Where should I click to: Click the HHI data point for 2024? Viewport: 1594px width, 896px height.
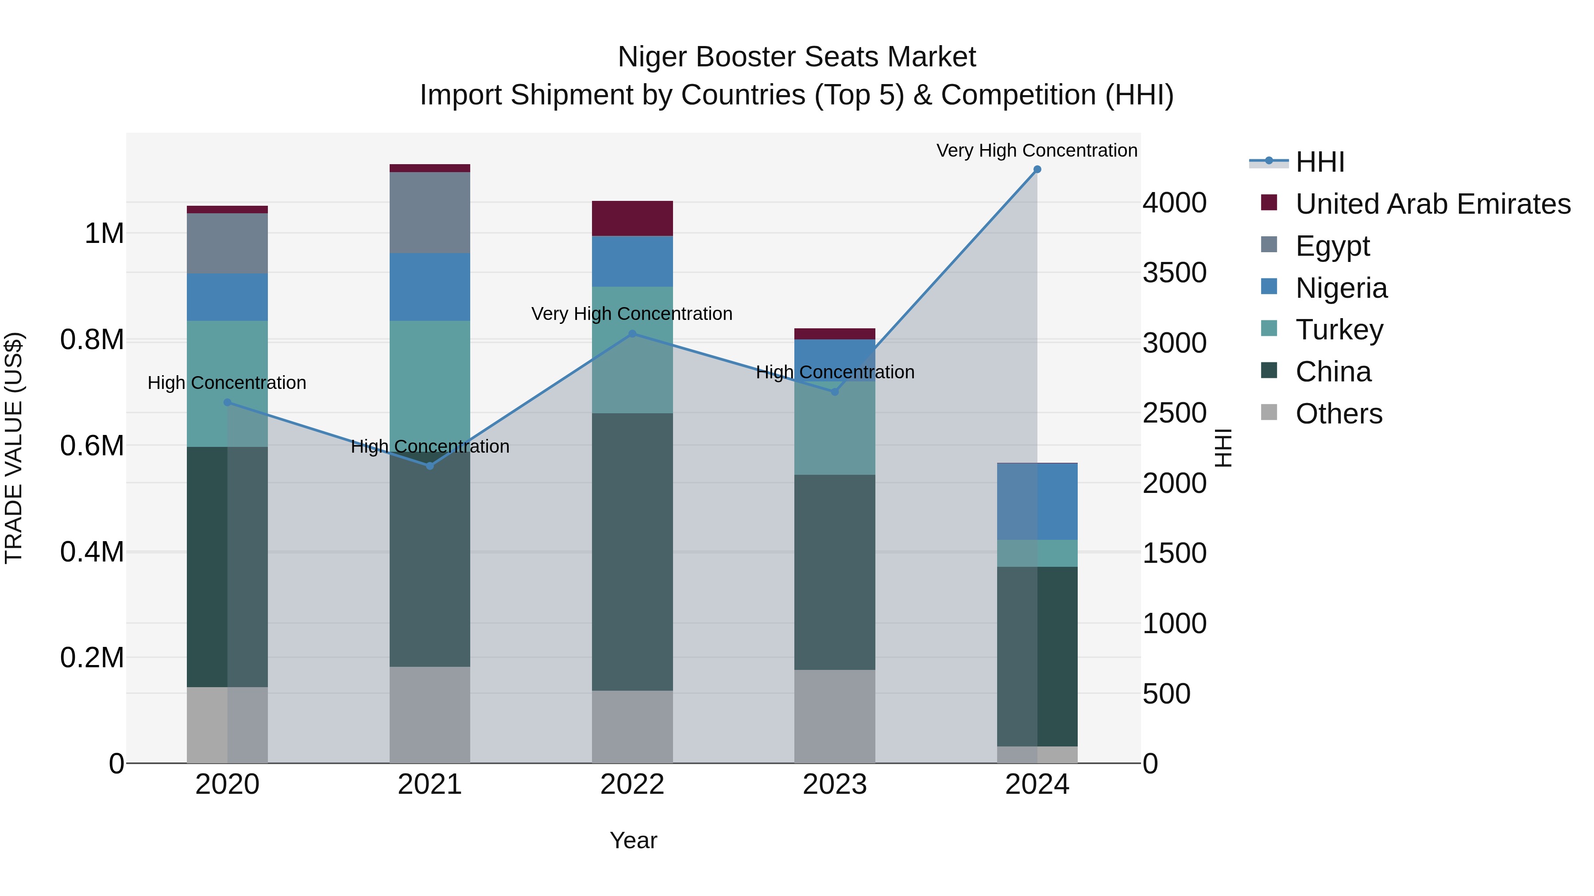1037,169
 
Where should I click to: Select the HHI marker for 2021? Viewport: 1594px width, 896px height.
430,465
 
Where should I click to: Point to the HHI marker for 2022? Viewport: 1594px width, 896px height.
632,334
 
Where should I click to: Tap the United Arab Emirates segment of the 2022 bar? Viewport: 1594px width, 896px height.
632,218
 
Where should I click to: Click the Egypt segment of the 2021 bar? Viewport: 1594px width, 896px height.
430,213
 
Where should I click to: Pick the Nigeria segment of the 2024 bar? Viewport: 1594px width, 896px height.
1037,501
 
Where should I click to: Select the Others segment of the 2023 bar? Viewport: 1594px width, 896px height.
835,716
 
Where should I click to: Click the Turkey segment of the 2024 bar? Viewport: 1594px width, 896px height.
1037,554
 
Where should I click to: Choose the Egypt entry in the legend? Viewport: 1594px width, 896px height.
1331,246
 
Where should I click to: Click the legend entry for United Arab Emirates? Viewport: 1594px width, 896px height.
1432,204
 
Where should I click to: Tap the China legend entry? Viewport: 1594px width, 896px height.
1333,372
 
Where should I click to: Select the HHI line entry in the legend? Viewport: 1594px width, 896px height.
1319,162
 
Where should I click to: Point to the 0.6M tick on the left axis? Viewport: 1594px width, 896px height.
92,446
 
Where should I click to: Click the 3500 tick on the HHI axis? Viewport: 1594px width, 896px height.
1174,273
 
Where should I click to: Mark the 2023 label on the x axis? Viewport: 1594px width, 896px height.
835,784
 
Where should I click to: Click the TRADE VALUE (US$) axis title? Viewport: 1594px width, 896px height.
14,448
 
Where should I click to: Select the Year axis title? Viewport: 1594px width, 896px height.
633,840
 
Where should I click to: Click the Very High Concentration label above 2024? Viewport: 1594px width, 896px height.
1037,150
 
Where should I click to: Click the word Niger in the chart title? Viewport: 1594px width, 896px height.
652,57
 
